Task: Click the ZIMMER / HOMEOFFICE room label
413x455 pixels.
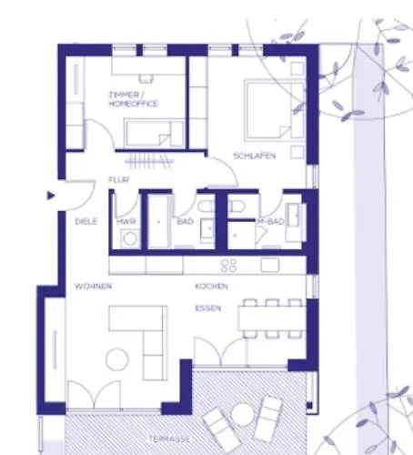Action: [133, 99]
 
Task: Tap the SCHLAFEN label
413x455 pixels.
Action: [254, 156]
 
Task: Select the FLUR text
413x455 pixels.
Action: [119, 179]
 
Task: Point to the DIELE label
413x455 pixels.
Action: [86, 221]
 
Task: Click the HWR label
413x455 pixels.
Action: [126, 222]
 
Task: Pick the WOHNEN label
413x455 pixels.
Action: [94, 287]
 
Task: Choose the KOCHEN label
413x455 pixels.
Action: [211, 287]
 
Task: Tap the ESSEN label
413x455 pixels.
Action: [208, 308]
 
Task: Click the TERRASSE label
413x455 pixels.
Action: [169, 440]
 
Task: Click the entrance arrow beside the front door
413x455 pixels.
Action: [51, 196]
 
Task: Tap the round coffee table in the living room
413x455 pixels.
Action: [117, 359]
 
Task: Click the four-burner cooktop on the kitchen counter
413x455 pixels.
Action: [229, 265]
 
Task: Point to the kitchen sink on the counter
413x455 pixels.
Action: [270, 265]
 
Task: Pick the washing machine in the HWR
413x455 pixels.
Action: [130, 238]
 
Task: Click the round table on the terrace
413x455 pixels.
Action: [242, 414]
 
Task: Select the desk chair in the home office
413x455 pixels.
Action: [146, 78]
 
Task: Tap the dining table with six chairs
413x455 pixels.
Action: [272, 318]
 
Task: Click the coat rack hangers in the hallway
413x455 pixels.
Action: [149, 161]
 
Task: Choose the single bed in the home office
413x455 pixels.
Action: [155, 133]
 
